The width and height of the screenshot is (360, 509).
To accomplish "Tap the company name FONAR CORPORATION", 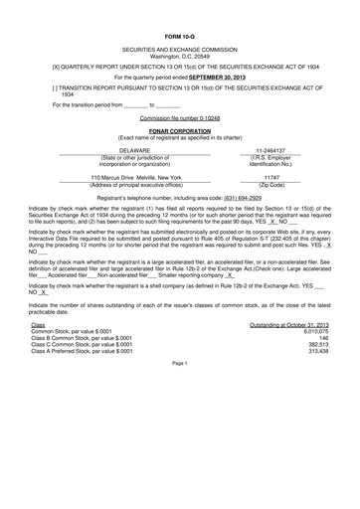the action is click(180, 130).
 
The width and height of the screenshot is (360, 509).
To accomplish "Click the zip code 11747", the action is click(270, 176).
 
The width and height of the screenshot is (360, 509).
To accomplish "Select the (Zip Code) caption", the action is click(270, 185).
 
